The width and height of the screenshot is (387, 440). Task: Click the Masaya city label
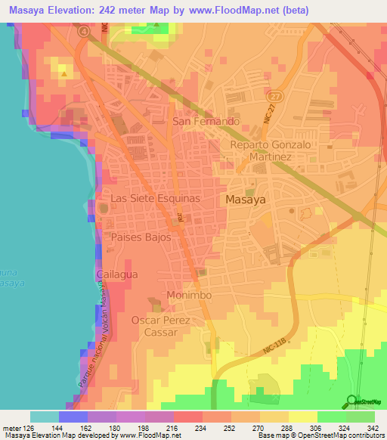tap(249, 199)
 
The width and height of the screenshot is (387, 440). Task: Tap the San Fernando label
tap(206, 121)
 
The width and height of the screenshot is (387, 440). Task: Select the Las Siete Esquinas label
tap(155, 197)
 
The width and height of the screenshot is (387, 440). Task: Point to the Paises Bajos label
tap(141, 237)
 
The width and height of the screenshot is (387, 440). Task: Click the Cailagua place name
tap(117, 274)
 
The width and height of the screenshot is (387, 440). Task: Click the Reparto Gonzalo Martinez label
tap(260, 150)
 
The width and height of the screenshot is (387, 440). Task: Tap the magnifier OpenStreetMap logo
tap(350, 401)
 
